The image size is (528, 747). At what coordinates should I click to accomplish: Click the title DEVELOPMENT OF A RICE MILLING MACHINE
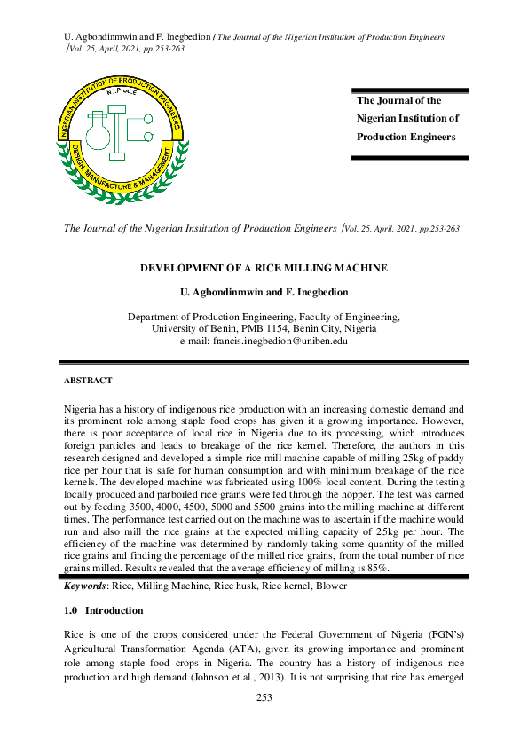(x=264, y=268)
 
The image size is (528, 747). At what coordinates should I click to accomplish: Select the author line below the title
(x=264, y=291)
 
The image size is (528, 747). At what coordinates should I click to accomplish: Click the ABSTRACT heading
(x=88, y=381)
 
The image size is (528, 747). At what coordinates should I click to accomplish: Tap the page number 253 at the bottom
(x=264, y=697)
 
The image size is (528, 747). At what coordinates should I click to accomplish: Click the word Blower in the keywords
(x=332, y=586)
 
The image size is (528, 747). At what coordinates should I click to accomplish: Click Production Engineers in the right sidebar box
(x=406, y=137)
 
